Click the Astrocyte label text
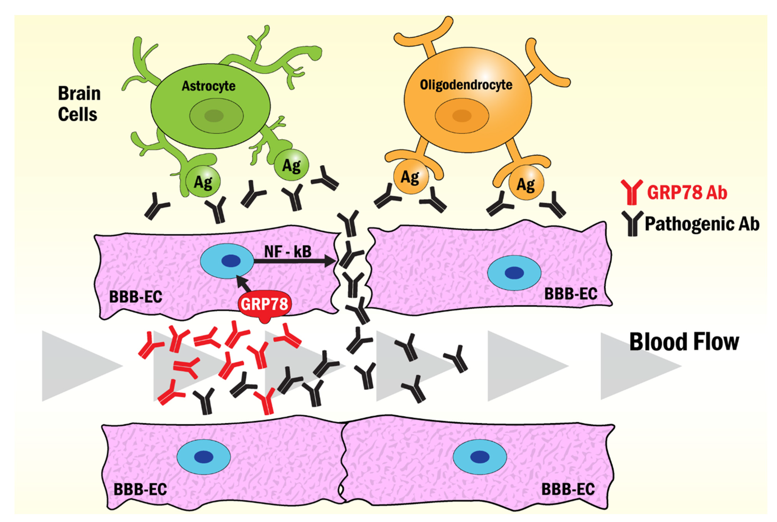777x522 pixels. (208, 86)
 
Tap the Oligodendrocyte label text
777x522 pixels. (466, 85)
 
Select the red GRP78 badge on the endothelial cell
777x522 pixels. (264, 304)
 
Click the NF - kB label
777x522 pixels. (288, 252)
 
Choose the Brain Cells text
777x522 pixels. (79, 104)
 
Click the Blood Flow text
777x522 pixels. (684, 342)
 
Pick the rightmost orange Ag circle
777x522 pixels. (526, 183)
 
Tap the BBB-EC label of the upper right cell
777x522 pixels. (570, 294)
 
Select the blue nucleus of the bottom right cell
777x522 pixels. (480, 456)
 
